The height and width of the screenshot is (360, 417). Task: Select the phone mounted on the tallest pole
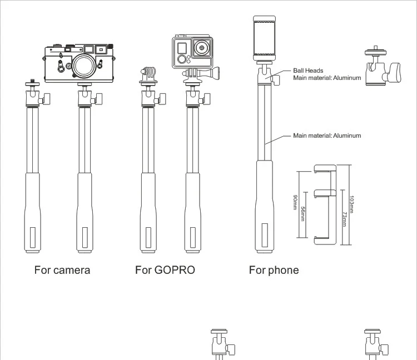click(x=266, y=37)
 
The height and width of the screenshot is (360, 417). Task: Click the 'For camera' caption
click(x=62, y=271)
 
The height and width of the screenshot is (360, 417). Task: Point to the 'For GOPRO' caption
click(x=165, y=271)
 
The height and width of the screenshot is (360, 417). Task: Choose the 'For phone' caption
click(x=274, y=271)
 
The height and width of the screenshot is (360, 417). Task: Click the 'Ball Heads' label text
click(x=308, y=71)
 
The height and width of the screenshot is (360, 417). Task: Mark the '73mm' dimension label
click(x=344, y=218)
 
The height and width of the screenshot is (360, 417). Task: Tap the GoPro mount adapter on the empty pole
click(x=147, y=74)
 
